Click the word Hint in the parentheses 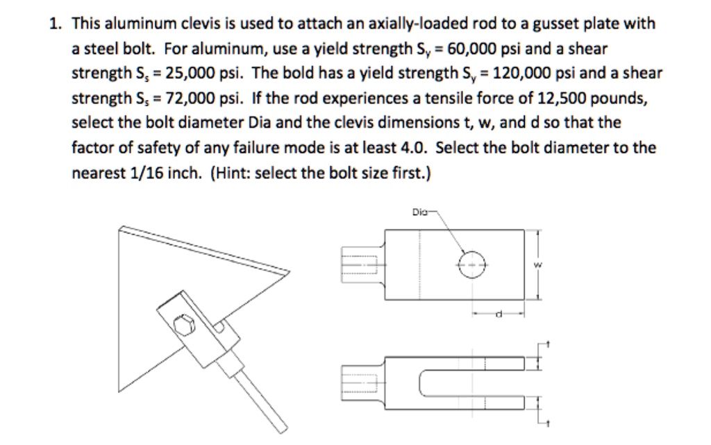coord(226,171)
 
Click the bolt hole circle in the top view coord(470,265)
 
